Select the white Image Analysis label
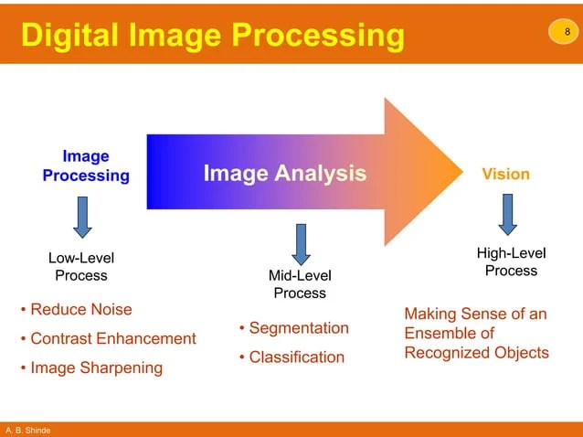(x=284, y=172)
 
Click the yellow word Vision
(x=505, y=174)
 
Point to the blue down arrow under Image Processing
(x=82, y=217)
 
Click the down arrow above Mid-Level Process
(x=300, y=244)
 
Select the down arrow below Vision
(x=507, y=214)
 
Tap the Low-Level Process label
(x=81, y=267)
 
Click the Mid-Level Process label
(x=300, y=284)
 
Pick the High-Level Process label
(x=511, y=261)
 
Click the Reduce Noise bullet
(x=76, y=309)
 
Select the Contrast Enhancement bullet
(x=108, y=338)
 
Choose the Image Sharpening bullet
(x=91, y=368)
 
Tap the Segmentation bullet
(x=293, y=327)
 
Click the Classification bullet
(x=291, y=357)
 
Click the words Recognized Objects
(x=476, y=352)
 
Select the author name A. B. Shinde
(x=27, y=430)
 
